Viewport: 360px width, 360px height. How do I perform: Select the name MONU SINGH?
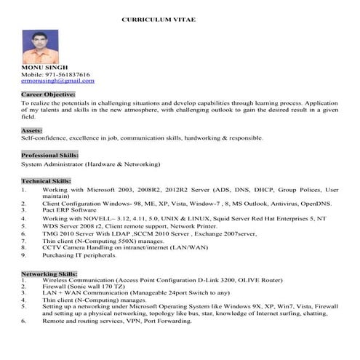click(x=43, y=68)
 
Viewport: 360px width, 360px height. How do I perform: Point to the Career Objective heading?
click(x=48, y=95)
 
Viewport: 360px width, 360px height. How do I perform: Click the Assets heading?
click(x=32, y=130)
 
